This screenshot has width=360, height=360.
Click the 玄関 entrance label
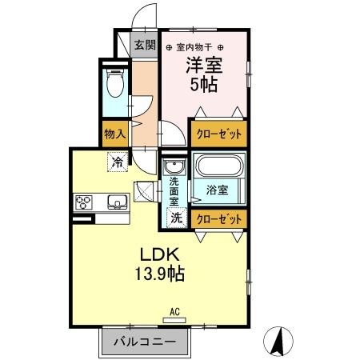(x=145, y=45)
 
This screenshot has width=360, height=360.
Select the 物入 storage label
(x=114, y=134)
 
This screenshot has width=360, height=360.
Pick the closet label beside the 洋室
(x=218, y=134)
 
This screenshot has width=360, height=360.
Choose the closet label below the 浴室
(x=218, y=217)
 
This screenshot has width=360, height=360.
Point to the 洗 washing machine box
(x=174, y=217)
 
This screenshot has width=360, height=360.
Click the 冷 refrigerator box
(x=118, y=162)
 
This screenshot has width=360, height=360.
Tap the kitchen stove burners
(x=83, y=202)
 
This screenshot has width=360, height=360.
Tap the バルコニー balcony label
(x=144, y=342)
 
